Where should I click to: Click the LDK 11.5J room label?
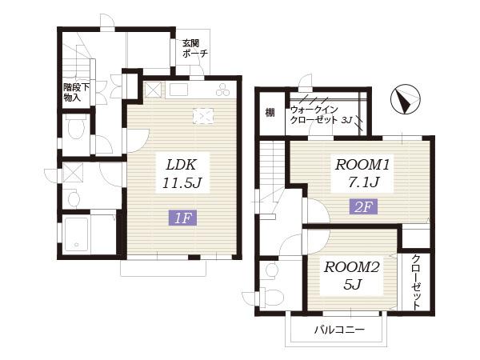pos(182,174)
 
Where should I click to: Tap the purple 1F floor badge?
pos(183,218)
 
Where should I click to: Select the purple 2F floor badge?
pos(363,206)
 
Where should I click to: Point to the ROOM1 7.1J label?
pos(362,173)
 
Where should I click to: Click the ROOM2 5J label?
pos(352,275)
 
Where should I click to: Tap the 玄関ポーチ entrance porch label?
pos(195,48)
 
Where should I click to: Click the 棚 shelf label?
pos(270,113)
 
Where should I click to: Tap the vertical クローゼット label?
pos(416,282)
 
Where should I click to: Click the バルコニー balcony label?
pos(339,330)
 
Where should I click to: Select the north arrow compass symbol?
pos(406,99)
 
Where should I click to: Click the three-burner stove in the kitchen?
pos(222,90)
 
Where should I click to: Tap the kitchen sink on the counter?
pos(178,90)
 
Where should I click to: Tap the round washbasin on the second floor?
pos(271,270)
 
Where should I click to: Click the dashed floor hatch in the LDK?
pos(203,116)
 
